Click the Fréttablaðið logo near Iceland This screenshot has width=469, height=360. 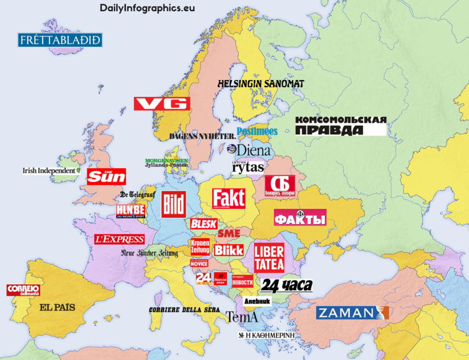coord(60,40)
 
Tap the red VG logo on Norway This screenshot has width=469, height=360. coord(161,104)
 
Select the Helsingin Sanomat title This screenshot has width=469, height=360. coord(261,84)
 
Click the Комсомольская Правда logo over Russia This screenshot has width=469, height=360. coord(341,126)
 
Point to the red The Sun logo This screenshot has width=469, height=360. coord(106,176)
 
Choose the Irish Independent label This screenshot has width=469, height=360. coord(50,171)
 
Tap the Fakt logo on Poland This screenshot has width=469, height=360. coord(229,198)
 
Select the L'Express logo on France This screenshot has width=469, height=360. coord(119,239)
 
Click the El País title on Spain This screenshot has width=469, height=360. coord(57,307)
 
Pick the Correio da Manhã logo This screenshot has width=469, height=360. coord(23,290)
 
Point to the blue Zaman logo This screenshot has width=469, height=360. coord(352,313)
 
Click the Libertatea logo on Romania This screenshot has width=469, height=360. coord(269,258)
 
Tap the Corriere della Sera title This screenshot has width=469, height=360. coord(184,310)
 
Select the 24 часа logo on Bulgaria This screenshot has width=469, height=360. coord(286,285)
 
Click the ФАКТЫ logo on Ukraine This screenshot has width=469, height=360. coord(300,218)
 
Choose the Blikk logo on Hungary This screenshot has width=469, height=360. coord(229,250)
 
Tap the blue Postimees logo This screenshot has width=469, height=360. coord(257,131)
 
